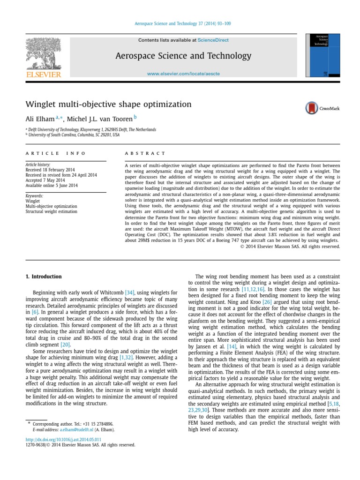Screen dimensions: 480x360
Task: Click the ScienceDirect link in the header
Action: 214,40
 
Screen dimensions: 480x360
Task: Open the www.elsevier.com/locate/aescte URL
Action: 183,74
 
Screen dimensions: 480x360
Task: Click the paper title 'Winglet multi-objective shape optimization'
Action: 108,104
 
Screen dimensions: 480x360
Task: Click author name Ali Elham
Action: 41,119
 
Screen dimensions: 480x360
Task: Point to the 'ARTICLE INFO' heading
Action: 56,153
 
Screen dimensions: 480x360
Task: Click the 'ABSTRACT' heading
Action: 145,153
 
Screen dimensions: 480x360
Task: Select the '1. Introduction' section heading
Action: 43,277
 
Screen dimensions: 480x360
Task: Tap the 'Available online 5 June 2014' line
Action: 52,185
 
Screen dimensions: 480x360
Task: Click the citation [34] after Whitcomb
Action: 129,292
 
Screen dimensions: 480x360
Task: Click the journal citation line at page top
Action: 180,23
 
